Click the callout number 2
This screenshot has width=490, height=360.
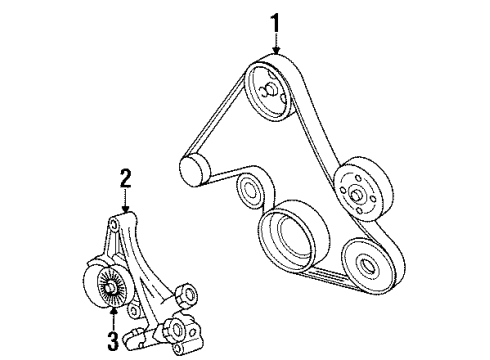126,180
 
